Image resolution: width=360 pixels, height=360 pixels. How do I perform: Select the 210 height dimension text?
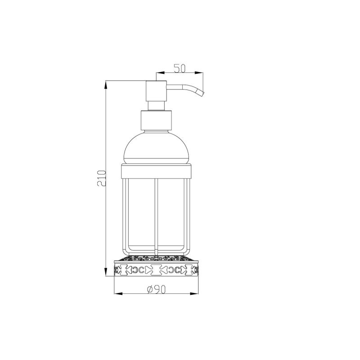coord(102,179)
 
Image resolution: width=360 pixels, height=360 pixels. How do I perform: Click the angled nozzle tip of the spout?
coord(201,93)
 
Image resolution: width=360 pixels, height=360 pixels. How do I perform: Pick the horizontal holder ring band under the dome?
coord(157,170)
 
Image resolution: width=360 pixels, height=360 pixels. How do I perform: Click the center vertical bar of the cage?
coord(156,211)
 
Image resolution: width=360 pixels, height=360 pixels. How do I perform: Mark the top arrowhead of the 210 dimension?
coord(106,84)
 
